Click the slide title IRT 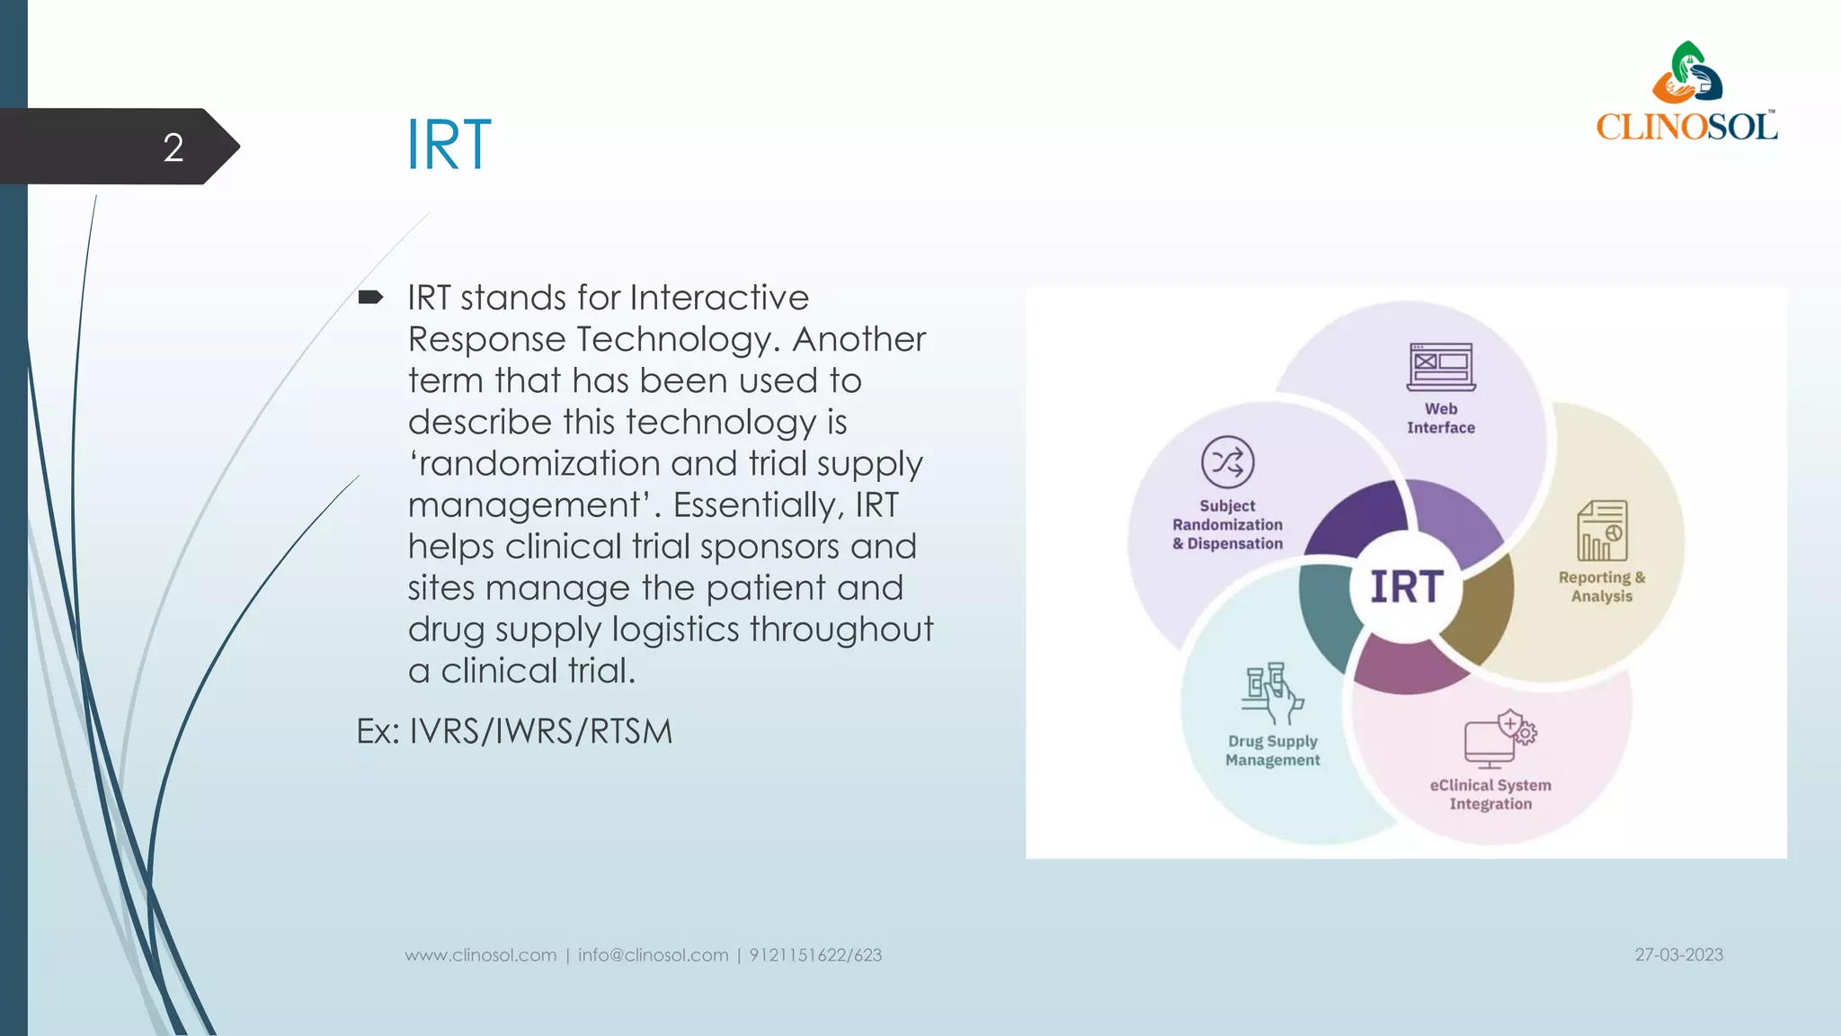pyautogui.click(x=449, y=145)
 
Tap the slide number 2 pyautogui.click(x=173, y=147)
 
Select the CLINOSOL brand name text pyautogui.click(x=1686, y=126)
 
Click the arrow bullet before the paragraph pyautogui.click(x=370, y=297)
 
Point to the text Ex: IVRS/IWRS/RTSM pyautogui.click(x=514, y=731)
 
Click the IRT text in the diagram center pyautogui.click(x=1407, y=587)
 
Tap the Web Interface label pyautogui.click(x=1441, y=418)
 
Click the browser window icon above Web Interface pyautogui.click(x=1441, y=367)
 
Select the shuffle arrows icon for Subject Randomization pyautogui.click(x=1227, y=462)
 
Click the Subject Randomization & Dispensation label pyautogui.click(x=1227, y=524)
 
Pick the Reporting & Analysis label pyautogui.click(x=1601, y=586)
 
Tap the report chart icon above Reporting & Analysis pyautogui.click(x=1601, y=531)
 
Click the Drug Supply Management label pyautogui.click(x=1272, y=750)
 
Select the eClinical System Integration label pyautogui.click(x=1490, y=794)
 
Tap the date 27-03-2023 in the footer pyautogui.click(x=1678, y=955)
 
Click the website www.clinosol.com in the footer pyautogui.click(x=481, y=955)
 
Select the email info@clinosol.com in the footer pyautogui.click(x=653, y=955)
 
